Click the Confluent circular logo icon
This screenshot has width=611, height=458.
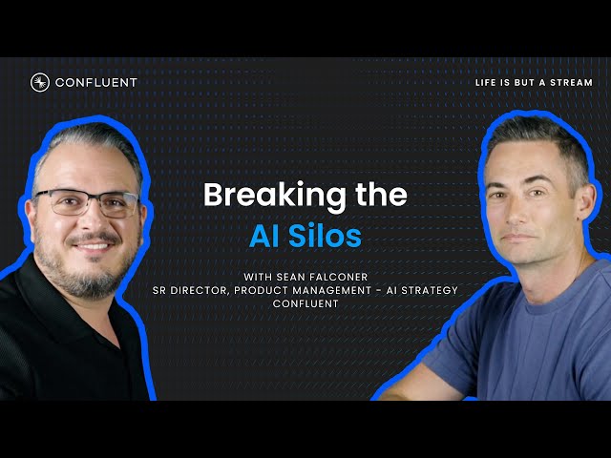(40, 82)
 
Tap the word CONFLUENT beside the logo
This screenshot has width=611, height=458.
(95, 82)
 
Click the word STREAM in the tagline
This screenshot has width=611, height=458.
(571, 83)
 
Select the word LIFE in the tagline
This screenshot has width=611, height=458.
(487, 83)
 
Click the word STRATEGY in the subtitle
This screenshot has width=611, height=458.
(432, 290)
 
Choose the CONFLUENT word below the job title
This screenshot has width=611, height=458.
(305, 303)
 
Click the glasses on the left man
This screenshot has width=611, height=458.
(88, 201)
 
